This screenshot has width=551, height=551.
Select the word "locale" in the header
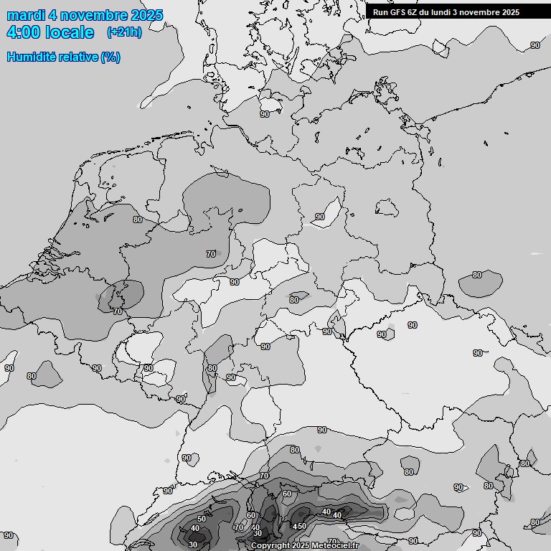pyautogui.click(x=69, y=32)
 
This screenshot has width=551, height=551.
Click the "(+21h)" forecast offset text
pyautogui.click(x=124, y=32)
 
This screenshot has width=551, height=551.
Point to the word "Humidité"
pyautogui.click(x=32, y=57)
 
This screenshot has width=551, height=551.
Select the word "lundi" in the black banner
pyautogui.click(x=450, y=12)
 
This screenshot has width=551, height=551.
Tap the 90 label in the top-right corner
pyautogui.click(x=535, y=45)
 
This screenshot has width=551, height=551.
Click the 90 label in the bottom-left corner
pyautogui.click(x=9, y=535)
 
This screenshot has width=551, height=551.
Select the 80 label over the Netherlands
pyautogui.click(x=138, y=220)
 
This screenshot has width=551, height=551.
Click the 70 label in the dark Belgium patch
pyautogui.click(x=118, y=311)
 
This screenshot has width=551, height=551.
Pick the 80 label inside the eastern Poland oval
pyautogui.click(x=477, y=275)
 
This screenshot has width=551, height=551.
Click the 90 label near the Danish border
pyautogui.click(x=265, y=114)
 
